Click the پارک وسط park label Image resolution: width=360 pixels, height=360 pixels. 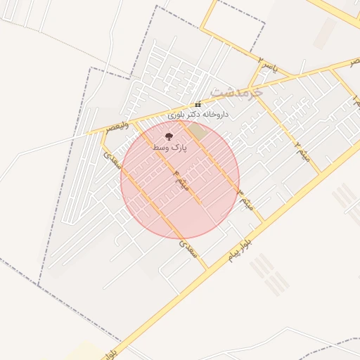tap(168, 148)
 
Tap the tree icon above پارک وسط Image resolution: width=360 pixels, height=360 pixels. tap(168, 136)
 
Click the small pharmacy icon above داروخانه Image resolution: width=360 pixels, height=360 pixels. tap(198, 104)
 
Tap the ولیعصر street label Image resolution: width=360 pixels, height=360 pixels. tap(117, 126)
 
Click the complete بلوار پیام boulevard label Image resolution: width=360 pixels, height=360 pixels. tap(239, 251)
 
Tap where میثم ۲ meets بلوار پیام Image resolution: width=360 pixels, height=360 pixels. tap(320, 173)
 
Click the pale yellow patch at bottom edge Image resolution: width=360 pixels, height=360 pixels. tap(84, 352)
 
